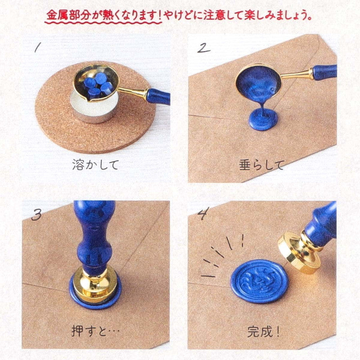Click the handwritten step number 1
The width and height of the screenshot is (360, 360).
click(x=38, y=48)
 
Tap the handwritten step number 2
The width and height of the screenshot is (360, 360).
click(x=204, y=48)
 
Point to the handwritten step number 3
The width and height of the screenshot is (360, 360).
click(x=37, y=215)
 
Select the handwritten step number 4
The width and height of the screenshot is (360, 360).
click(x=203, y=213)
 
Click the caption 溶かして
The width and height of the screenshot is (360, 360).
click(x=95, y=165)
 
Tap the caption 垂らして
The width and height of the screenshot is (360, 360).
click(x=261, y=165)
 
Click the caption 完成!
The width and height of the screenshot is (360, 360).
click(x=263, y=332)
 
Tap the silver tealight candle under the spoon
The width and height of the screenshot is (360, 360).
click(x=95, y=108)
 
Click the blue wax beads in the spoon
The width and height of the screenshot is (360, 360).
click(x=98, y=86)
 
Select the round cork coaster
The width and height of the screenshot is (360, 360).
click(x=95, y=108)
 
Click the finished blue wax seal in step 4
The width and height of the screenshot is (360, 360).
click(x=260, y=281)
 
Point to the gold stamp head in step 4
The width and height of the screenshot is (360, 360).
click(x=298, y=252)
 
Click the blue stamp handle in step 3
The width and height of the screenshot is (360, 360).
click(x=94, y=234)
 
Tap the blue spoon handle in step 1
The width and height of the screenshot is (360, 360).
click(x=158, y=96)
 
